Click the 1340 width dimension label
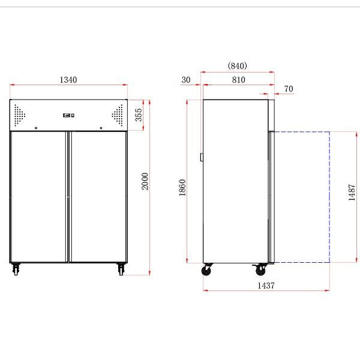coord(68,80)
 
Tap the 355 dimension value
coord(139,115)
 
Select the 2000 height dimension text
coord(145,181)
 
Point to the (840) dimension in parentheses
coord(238,66)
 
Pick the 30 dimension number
coord(185,80)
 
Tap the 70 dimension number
coord(289,89)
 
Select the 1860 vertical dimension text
coord(183,188)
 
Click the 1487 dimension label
coord(352,193)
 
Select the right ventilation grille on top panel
coord(116,115)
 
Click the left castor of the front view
coord(14,269)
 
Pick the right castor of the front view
coord(121,269)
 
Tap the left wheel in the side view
coord(208,271)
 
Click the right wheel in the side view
coord(262,271)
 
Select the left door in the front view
coord(38,197)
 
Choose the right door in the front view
coord(98,197)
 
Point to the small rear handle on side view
coord(202,158)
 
